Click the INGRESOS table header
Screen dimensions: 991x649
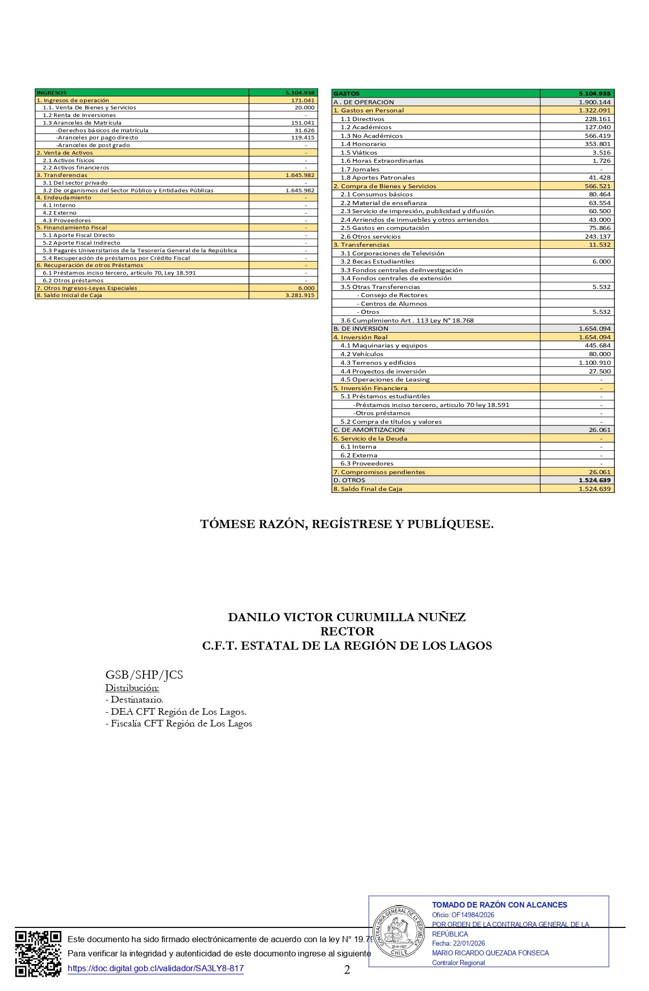[52, 93]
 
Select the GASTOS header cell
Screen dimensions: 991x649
[347, 94]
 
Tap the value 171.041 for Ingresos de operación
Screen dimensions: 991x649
[303, 100]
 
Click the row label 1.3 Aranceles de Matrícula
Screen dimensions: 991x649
[82, 123]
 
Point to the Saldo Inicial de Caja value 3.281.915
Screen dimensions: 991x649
[300, 295]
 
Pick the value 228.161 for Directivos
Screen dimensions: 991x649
[598, 119]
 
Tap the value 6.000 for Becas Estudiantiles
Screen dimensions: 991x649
[601, 261]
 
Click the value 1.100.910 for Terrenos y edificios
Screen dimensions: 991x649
[595, 363]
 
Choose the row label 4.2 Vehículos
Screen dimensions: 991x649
[362, 354]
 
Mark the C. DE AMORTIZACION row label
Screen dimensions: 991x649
[369, 430]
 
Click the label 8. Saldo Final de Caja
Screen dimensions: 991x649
[368, 489]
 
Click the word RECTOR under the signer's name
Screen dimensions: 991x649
[347, 631]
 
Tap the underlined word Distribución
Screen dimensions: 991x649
[132, 688]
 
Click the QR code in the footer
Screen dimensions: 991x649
[38, 954]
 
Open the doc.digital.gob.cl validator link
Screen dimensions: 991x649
[156, 969]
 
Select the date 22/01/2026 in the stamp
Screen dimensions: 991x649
[469, 943]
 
